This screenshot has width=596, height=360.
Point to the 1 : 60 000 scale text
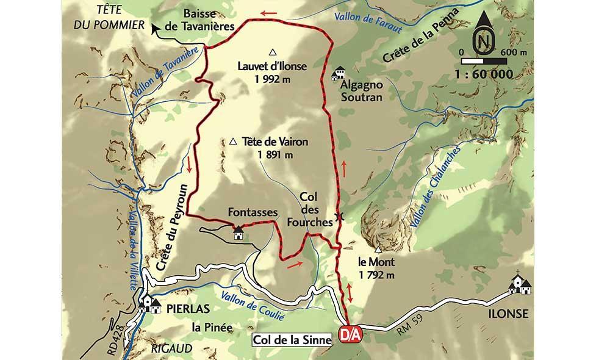click(484, 74)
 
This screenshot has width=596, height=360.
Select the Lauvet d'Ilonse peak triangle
click(273, 52)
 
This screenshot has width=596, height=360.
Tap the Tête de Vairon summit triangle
click(234, 142)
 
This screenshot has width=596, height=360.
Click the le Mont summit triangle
click(378, 250)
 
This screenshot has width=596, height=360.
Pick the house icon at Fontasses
click(238, 232)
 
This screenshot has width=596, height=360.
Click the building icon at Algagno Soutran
click(337, 75)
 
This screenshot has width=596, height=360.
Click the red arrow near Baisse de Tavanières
click(267, 12)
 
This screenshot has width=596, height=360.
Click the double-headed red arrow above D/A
click(350, 292)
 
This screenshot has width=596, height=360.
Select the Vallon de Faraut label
click(364, 20)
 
